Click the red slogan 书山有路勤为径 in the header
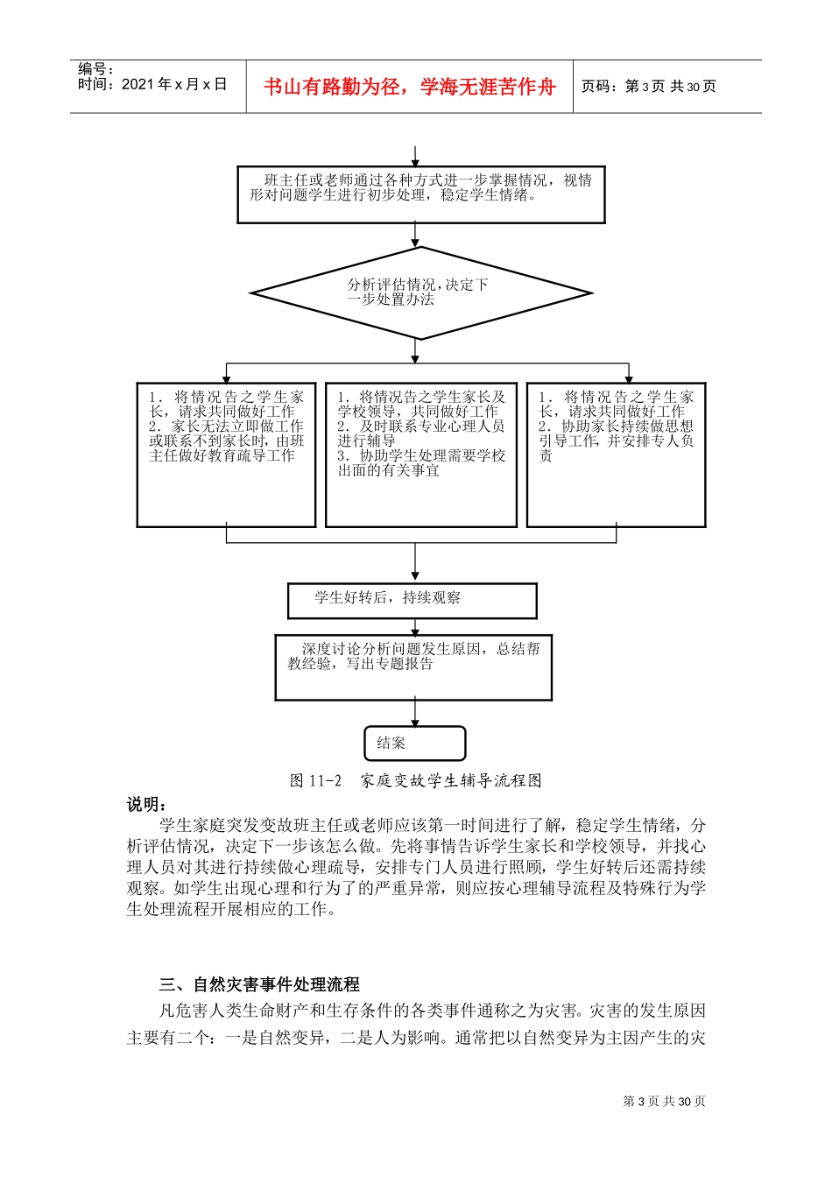[x=409, y=87]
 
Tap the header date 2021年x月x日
[x=152, y=85]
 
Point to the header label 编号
[x=95, y=69]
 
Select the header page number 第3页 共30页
[x=648, y=87]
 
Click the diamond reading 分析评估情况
[x=420, y=292]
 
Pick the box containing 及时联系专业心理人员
[x=420, y=455]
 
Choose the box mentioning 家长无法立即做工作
[x=226, y=455]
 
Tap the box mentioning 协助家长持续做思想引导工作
[x=616, y=455]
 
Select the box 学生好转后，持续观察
[x=412, y=600]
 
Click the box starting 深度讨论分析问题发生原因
[x=413, y=667]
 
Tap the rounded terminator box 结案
[x=414, y=744]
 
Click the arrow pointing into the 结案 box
[x=415, y=713]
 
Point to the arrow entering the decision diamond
[x=415, y=236]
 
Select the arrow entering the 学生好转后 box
[x=415, y=565]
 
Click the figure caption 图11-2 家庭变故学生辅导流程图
[x=416, y=780]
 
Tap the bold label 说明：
[x=146, y=804]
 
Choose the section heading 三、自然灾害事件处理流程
[x=259, y=984]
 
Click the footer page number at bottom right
[x=664, y=1102]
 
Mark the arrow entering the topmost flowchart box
[x=415, y=155]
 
